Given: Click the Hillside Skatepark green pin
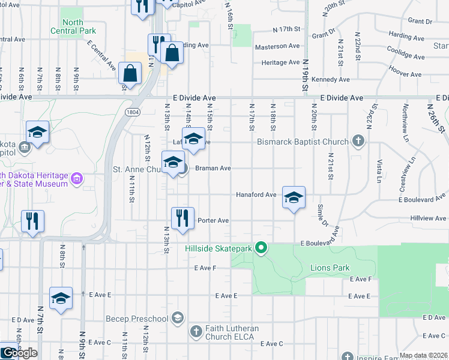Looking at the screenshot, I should pyautogui.click(x=261, y=248).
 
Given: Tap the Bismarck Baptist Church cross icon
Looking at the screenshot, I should pyautogui.click(x=358, y=142).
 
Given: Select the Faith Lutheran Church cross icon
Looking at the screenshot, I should pyautogui.click(x=196, y=331).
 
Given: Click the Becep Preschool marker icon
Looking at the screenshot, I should pyautogui.click(x=177, y=318).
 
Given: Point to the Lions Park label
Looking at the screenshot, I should pyautogui.click(x=330, y=268).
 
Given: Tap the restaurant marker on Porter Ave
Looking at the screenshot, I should pyautogui.click(x=182, y=219).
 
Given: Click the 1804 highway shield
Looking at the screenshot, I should pyautogui.click(x=133, y=112).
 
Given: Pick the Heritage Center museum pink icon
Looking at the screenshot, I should pyautogui.click(x=76, y=179).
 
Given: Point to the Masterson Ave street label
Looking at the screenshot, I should pyautogui.click(x=277, y=46).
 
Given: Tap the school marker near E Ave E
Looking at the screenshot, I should pyautogui.click(x=61, y=298).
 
